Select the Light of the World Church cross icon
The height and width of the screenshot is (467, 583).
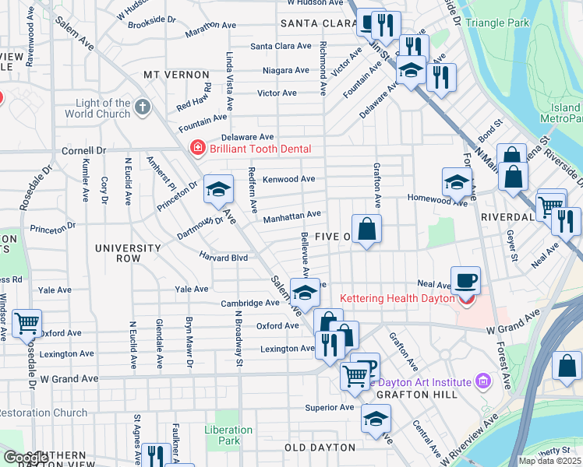141,105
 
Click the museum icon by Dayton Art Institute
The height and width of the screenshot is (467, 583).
482,381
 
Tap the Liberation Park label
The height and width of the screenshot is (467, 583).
228,435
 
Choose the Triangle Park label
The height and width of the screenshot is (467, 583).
496,23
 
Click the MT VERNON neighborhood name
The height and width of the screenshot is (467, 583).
174,74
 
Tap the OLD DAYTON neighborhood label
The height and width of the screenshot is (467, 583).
317,448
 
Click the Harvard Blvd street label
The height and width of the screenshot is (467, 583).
223,257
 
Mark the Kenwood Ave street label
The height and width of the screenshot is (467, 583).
288,179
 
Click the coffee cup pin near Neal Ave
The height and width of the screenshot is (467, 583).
465,279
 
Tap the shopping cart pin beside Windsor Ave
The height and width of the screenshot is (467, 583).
26,322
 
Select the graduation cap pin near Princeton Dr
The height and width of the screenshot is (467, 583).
219,188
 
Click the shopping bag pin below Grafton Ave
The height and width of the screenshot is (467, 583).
366,229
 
